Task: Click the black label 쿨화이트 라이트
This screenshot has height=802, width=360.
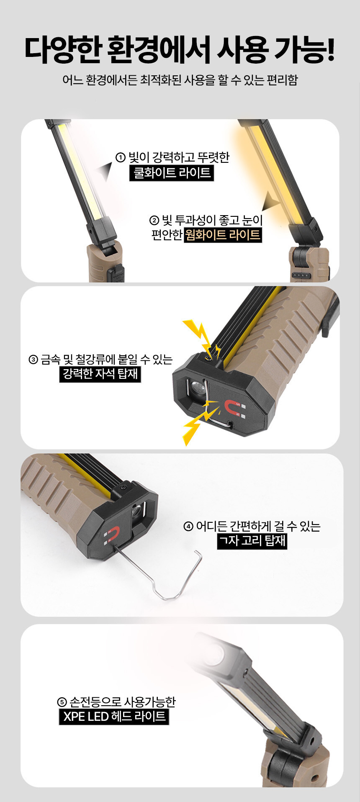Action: click(172, 173)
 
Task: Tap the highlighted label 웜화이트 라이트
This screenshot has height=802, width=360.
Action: click(223, 235)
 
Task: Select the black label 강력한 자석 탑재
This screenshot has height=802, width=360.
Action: click(100, 374)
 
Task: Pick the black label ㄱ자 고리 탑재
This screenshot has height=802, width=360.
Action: click(252, 541)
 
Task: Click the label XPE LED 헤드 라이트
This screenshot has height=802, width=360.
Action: click(114, 716)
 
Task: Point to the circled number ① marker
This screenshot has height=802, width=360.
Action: click(121, 158)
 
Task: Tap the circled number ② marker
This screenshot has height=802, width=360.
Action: click(154, 220)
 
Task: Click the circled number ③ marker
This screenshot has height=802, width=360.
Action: click(33, 360)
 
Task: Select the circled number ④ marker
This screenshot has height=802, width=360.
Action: click(188, 526)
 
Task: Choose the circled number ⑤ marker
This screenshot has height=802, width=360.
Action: click(62, 702)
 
